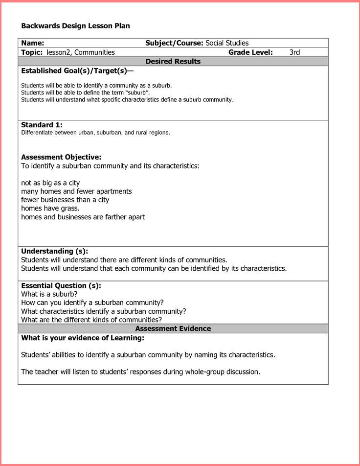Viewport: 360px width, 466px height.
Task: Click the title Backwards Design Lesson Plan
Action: (75, 26)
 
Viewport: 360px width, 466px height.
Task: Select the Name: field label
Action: (33, 43)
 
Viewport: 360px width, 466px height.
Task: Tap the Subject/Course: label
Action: (174, 43)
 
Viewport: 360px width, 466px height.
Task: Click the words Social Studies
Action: (227, 43)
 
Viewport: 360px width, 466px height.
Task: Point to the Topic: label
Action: (32, 52)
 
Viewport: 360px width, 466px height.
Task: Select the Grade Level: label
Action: (250, 52)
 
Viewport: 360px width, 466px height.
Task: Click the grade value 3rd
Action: (294, 52)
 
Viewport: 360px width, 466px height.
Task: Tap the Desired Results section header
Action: (173, 62)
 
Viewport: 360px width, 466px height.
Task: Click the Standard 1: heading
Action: (42, 125)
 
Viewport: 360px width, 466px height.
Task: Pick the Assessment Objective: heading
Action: (61, 157)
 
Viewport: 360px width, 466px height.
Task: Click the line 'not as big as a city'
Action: (50, 183)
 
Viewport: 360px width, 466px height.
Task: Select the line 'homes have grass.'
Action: (50, 209)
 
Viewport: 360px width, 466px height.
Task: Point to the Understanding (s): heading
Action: (54, 252)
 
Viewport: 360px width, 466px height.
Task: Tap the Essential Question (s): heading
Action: (61, 286)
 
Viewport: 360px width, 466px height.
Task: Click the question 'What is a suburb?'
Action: (49, 294)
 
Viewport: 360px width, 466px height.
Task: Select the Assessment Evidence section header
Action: (173, 328)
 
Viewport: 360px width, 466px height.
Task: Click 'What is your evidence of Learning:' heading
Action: (83, 338)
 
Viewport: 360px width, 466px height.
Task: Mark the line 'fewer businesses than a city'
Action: (65, 200)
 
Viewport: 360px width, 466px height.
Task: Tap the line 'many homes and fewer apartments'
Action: (76, 191)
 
